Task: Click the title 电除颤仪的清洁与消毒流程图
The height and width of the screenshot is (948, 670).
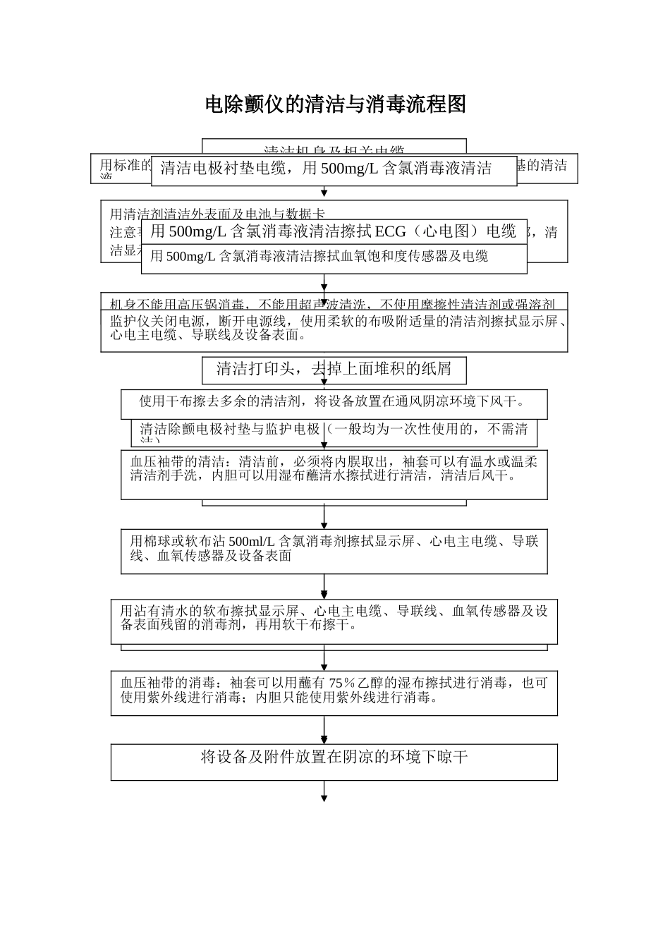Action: (x=335, y=105)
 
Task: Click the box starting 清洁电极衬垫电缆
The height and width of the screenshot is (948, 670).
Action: (x=334, y=169)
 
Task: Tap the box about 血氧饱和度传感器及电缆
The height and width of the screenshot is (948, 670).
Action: (x=334, y=257)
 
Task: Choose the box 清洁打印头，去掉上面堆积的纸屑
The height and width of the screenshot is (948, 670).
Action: (x=334, y=368)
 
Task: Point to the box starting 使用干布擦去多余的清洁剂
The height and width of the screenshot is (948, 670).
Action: (x=334, y=403)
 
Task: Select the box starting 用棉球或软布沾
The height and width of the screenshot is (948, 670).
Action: (x=334, y=549)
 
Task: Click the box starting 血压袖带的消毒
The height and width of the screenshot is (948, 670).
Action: (x=334, y=691)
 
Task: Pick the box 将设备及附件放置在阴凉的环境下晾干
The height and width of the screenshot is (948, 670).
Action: (x=334, y=759)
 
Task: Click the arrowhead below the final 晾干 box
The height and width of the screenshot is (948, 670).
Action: (x=324, y=798)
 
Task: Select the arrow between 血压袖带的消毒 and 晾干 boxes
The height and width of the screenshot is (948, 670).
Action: (x=324, y=729)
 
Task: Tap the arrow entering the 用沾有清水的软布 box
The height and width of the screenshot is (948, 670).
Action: (x=324, y=588)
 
